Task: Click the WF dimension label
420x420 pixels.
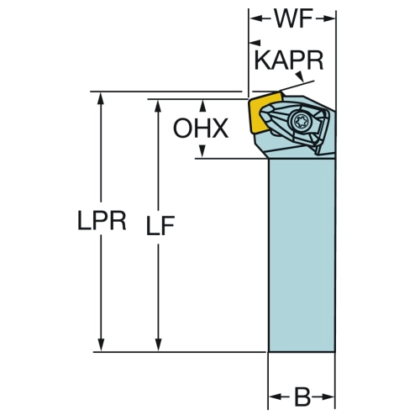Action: (x=293, y=18)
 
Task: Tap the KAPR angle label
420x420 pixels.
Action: (x=289, y=60)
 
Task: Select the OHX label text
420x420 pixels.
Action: (x=201, y=129)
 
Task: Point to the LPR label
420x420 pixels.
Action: (x=102, y=220)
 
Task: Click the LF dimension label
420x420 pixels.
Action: (x=160, y=225)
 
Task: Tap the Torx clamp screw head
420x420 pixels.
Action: (x=299, y=121)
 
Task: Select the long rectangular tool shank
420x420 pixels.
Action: (x=302, y=255)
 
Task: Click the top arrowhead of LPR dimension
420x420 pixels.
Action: (x=101, y=98)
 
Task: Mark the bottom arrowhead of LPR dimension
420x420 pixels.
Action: (x=101, y=345)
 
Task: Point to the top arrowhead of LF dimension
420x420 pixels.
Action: (x=158, y=106)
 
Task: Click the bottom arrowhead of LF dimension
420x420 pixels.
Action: (x=158, y=345)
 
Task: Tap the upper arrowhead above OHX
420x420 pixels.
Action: (x=202, y=106)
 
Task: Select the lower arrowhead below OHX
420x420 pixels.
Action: (x=202, y=151)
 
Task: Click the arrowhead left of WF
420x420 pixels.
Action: (x=256, y=18)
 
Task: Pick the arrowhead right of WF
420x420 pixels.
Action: (x=328, y=18)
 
